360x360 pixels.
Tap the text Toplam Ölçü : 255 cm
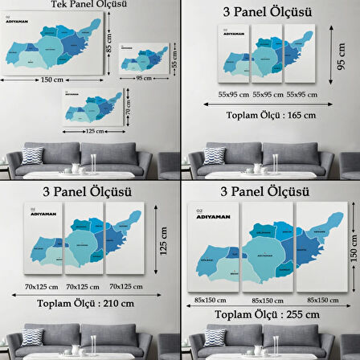point(269,313)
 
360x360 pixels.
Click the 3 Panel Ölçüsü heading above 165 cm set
point(268,14)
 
